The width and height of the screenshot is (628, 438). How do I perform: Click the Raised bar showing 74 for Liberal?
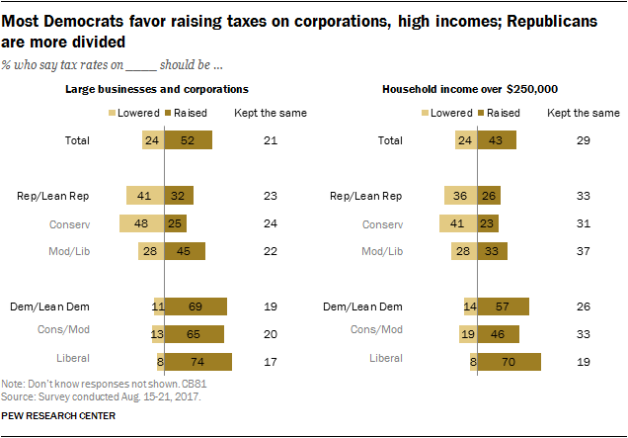point(197,362)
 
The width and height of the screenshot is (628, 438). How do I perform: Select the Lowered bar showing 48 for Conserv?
point(141,223)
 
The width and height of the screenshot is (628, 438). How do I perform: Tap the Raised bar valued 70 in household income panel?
point(509,362)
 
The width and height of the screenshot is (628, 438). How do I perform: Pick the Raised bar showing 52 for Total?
point(188,140)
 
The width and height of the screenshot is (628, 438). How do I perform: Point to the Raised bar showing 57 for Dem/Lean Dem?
point(504,307)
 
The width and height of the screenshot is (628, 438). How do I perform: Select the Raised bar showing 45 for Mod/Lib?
point(185,251)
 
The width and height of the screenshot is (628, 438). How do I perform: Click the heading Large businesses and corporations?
point(156,89)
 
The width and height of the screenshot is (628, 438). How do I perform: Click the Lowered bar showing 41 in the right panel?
point(457,223)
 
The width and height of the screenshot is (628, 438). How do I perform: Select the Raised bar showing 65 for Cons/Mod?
point(194,334)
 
